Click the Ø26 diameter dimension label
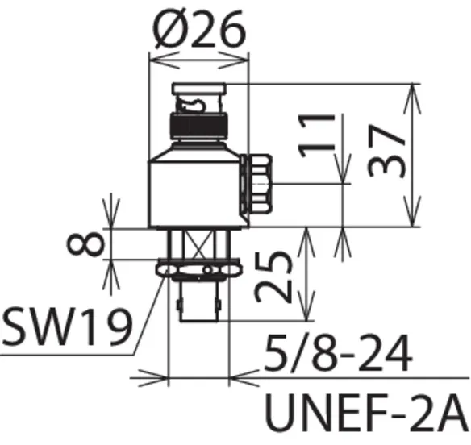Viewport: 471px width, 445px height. (200, 29)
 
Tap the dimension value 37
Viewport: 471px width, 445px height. (386, 151)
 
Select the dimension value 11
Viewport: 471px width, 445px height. (316, 135)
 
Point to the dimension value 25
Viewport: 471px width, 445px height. (273, 277)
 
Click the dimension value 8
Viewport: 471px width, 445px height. (85, 243)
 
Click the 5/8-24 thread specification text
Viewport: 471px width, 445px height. (337, 353)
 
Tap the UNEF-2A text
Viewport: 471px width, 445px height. (367, 412)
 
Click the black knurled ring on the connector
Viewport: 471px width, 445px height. (199, 126)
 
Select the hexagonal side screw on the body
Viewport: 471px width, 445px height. (256, 184)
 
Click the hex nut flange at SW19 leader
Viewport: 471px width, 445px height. (199, 268)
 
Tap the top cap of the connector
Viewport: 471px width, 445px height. (199, 89)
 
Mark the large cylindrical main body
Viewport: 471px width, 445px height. (198, 194)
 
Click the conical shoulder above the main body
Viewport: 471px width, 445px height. (198, 152)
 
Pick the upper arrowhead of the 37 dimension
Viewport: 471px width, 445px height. (412, 98)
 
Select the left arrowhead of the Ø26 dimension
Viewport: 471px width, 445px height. (165, 60)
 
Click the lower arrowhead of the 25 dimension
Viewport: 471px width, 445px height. (306, 307)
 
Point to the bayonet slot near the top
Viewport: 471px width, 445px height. (191, 104)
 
